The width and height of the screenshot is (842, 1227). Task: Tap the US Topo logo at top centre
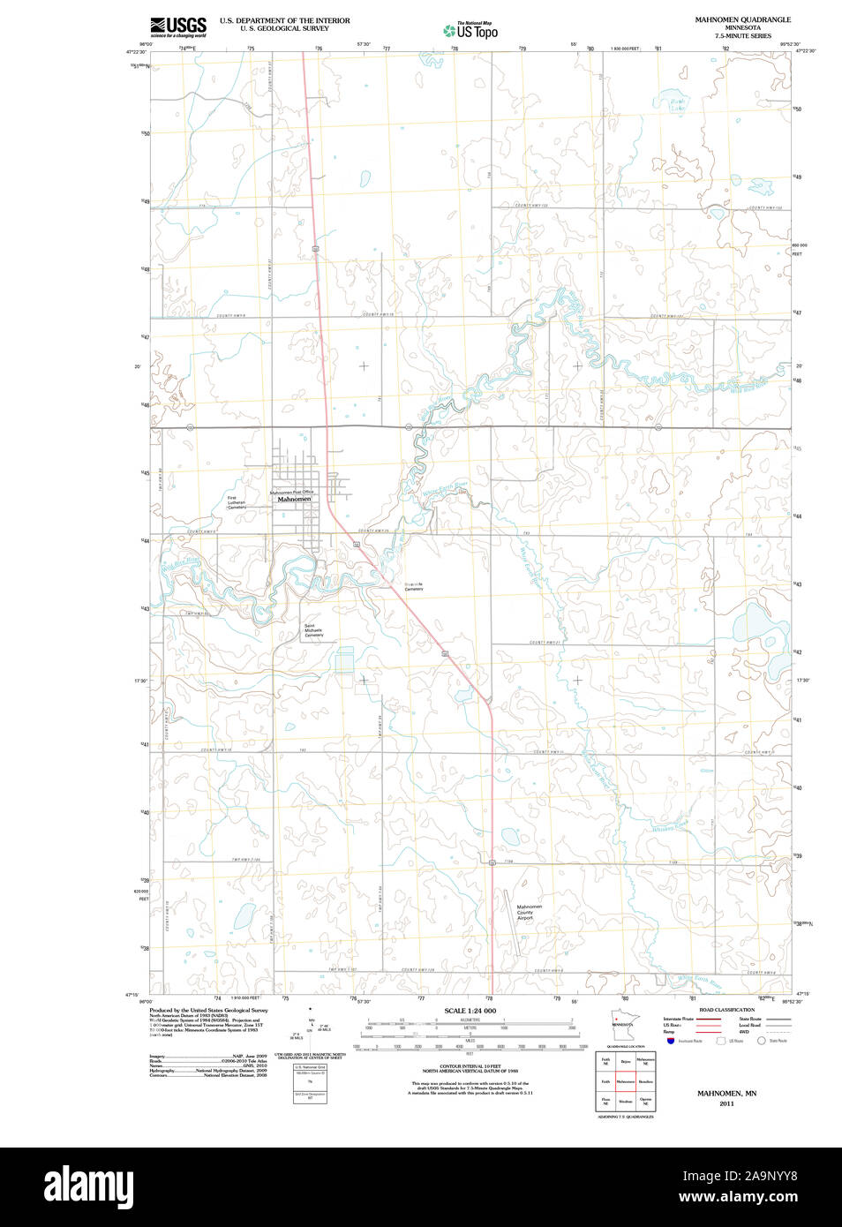(x=470, y=31)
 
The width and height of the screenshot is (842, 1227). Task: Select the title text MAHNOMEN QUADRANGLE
(x=742, y=19)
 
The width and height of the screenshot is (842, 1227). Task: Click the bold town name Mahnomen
(x=294, y=500)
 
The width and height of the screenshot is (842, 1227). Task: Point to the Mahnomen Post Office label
(x=291, y=492)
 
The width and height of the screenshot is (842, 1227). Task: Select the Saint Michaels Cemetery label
(x=314, y=630)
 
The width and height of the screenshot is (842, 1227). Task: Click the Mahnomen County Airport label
(x=529, y=912)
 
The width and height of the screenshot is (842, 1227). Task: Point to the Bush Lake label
(x=677, y=105)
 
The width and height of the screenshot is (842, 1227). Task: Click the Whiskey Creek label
(x=669, y=827)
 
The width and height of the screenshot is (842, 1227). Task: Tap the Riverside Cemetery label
(x=414, y=586)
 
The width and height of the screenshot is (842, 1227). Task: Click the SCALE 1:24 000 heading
(x=470, y=1011)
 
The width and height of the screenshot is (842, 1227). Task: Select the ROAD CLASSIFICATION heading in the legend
(x=726, y=1010)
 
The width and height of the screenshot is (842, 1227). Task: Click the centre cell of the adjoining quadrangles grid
(x=626, y=1080)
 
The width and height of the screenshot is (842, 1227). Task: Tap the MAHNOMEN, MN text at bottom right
(x=726, y=1094)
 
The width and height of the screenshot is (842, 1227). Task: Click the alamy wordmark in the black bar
(x=88, y=1186)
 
